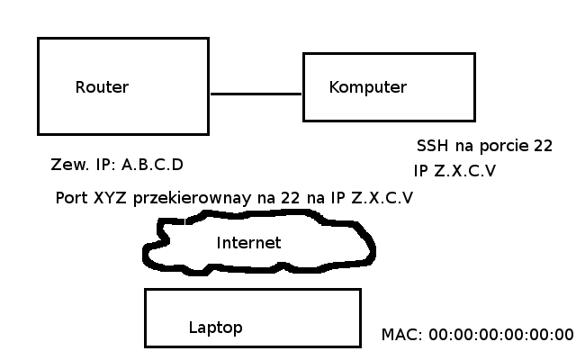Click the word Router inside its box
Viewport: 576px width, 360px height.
pos(102,87)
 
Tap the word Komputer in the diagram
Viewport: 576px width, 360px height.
pos(368,87)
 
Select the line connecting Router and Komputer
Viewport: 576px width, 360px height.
pos(256,94)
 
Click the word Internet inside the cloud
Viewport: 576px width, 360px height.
pos(248,243)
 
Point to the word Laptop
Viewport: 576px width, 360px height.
pos(215,328)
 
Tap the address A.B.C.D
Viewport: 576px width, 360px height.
pos(152,166)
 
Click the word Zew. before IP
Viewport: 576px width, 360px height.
pos(70,166)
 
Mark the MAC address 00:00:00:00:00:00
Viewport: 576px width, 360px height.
pos(500,335)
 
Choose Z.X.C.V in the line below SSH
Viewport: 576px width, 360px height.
pos(464,171)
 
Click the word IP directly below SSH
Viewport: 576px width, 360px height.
pos(420,171)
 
